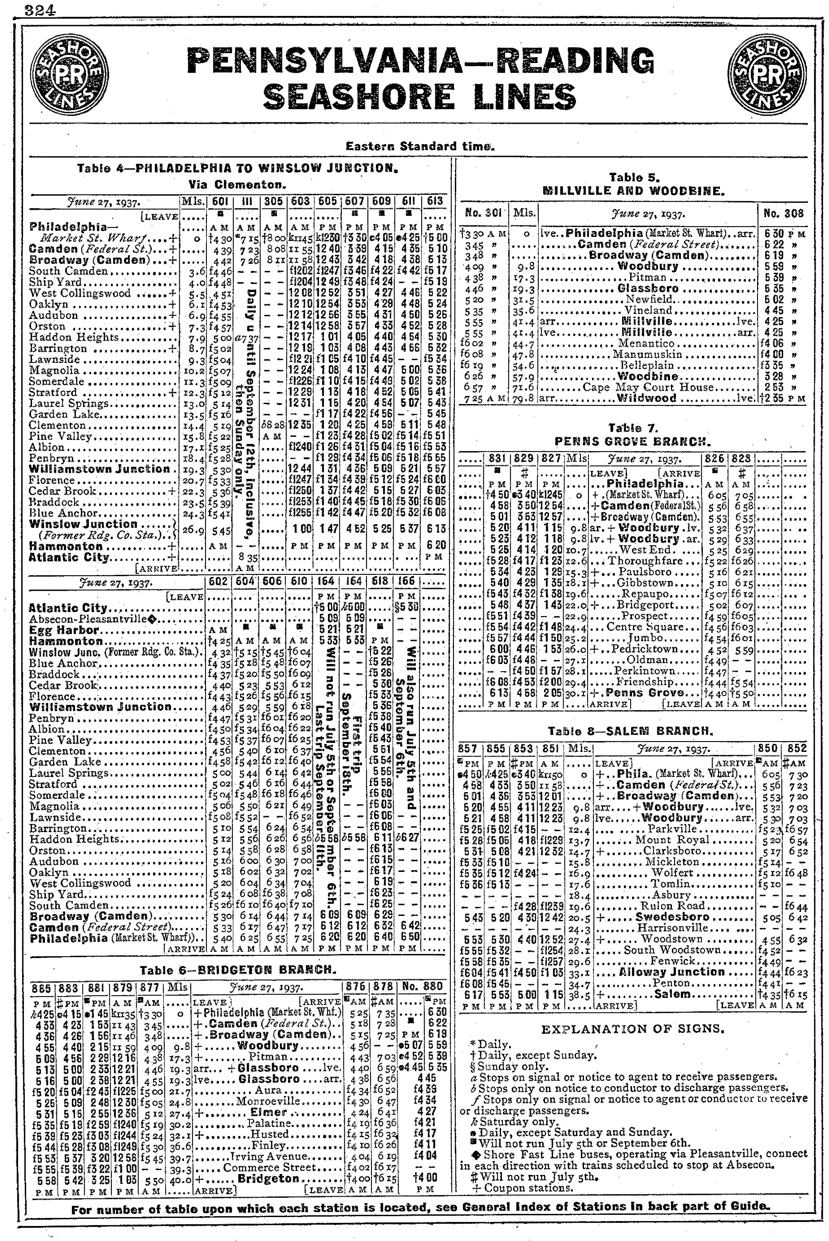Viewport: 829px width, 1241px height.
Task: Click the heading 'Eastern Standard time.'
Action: click(420, 146)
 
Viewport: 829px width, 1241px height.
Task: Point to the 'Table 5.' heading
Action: click(634, 178)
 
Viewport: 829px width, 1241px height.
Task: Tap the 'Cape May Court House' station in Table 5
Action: click(641, 387)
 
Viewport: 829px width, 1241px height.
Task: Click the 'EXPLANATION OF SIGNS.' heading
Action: click(633, 1029)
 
